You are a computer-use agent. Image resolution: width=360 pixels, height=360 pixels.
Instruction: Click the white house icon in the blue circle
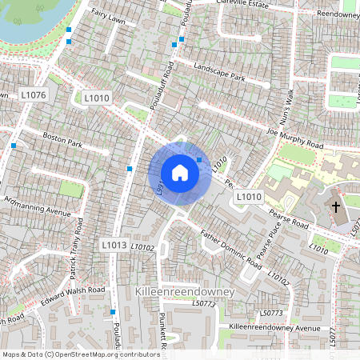pyautogui.click(x=180, y=173)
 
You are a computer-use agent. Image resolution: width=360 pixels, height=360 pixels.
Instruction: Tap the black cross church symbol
pyautogui.click(x=336, y=207)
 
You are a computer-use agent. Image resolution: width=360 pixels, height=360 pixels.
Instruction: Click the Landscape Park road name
pyautogui.click(x=218, y=73)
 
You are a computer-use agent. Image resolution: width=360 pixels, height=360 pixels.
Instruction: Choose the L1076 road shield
pyautogui.click(x=34, y=95)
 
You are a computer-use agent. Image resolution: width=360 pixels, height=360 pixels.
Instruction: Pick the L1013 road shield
pyautogui.click(x=114, y=243)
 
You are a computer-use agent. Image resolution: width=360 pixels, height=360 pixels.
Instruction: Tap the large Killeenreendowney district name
pyautogui.click(x=186, y=292)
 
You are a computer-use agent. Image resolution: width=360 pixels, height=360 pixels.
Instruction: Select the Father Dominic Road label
pyautogui.click(x=231, y=250)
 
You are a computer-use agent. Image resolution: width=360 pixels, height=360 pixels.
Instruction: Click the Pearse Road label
pyautogui.click(x=288, y=217)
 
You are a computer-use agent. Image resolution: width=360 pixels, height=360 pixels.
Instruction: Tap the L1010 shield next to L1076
pyautogui.click(x=97, y=98)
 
